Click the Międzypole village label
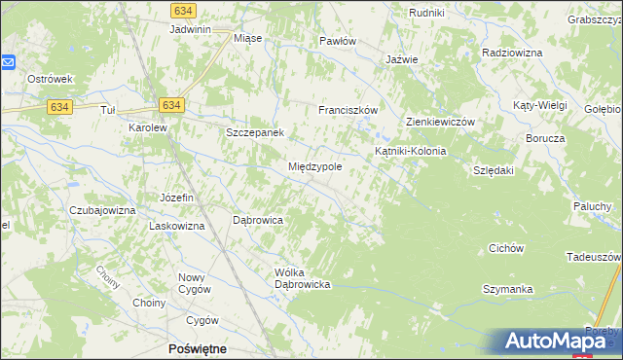click(314, 166)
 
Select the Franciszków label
click(348, 110)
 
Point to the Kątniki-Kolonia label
click(410, 152)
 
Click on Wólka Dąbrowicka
click(304, 277)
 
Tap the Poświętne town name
click(198, 348)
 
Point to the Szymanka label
click(507, 290)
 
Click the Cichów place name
click(506, 248)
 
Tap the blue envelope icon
click(8, 62)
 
